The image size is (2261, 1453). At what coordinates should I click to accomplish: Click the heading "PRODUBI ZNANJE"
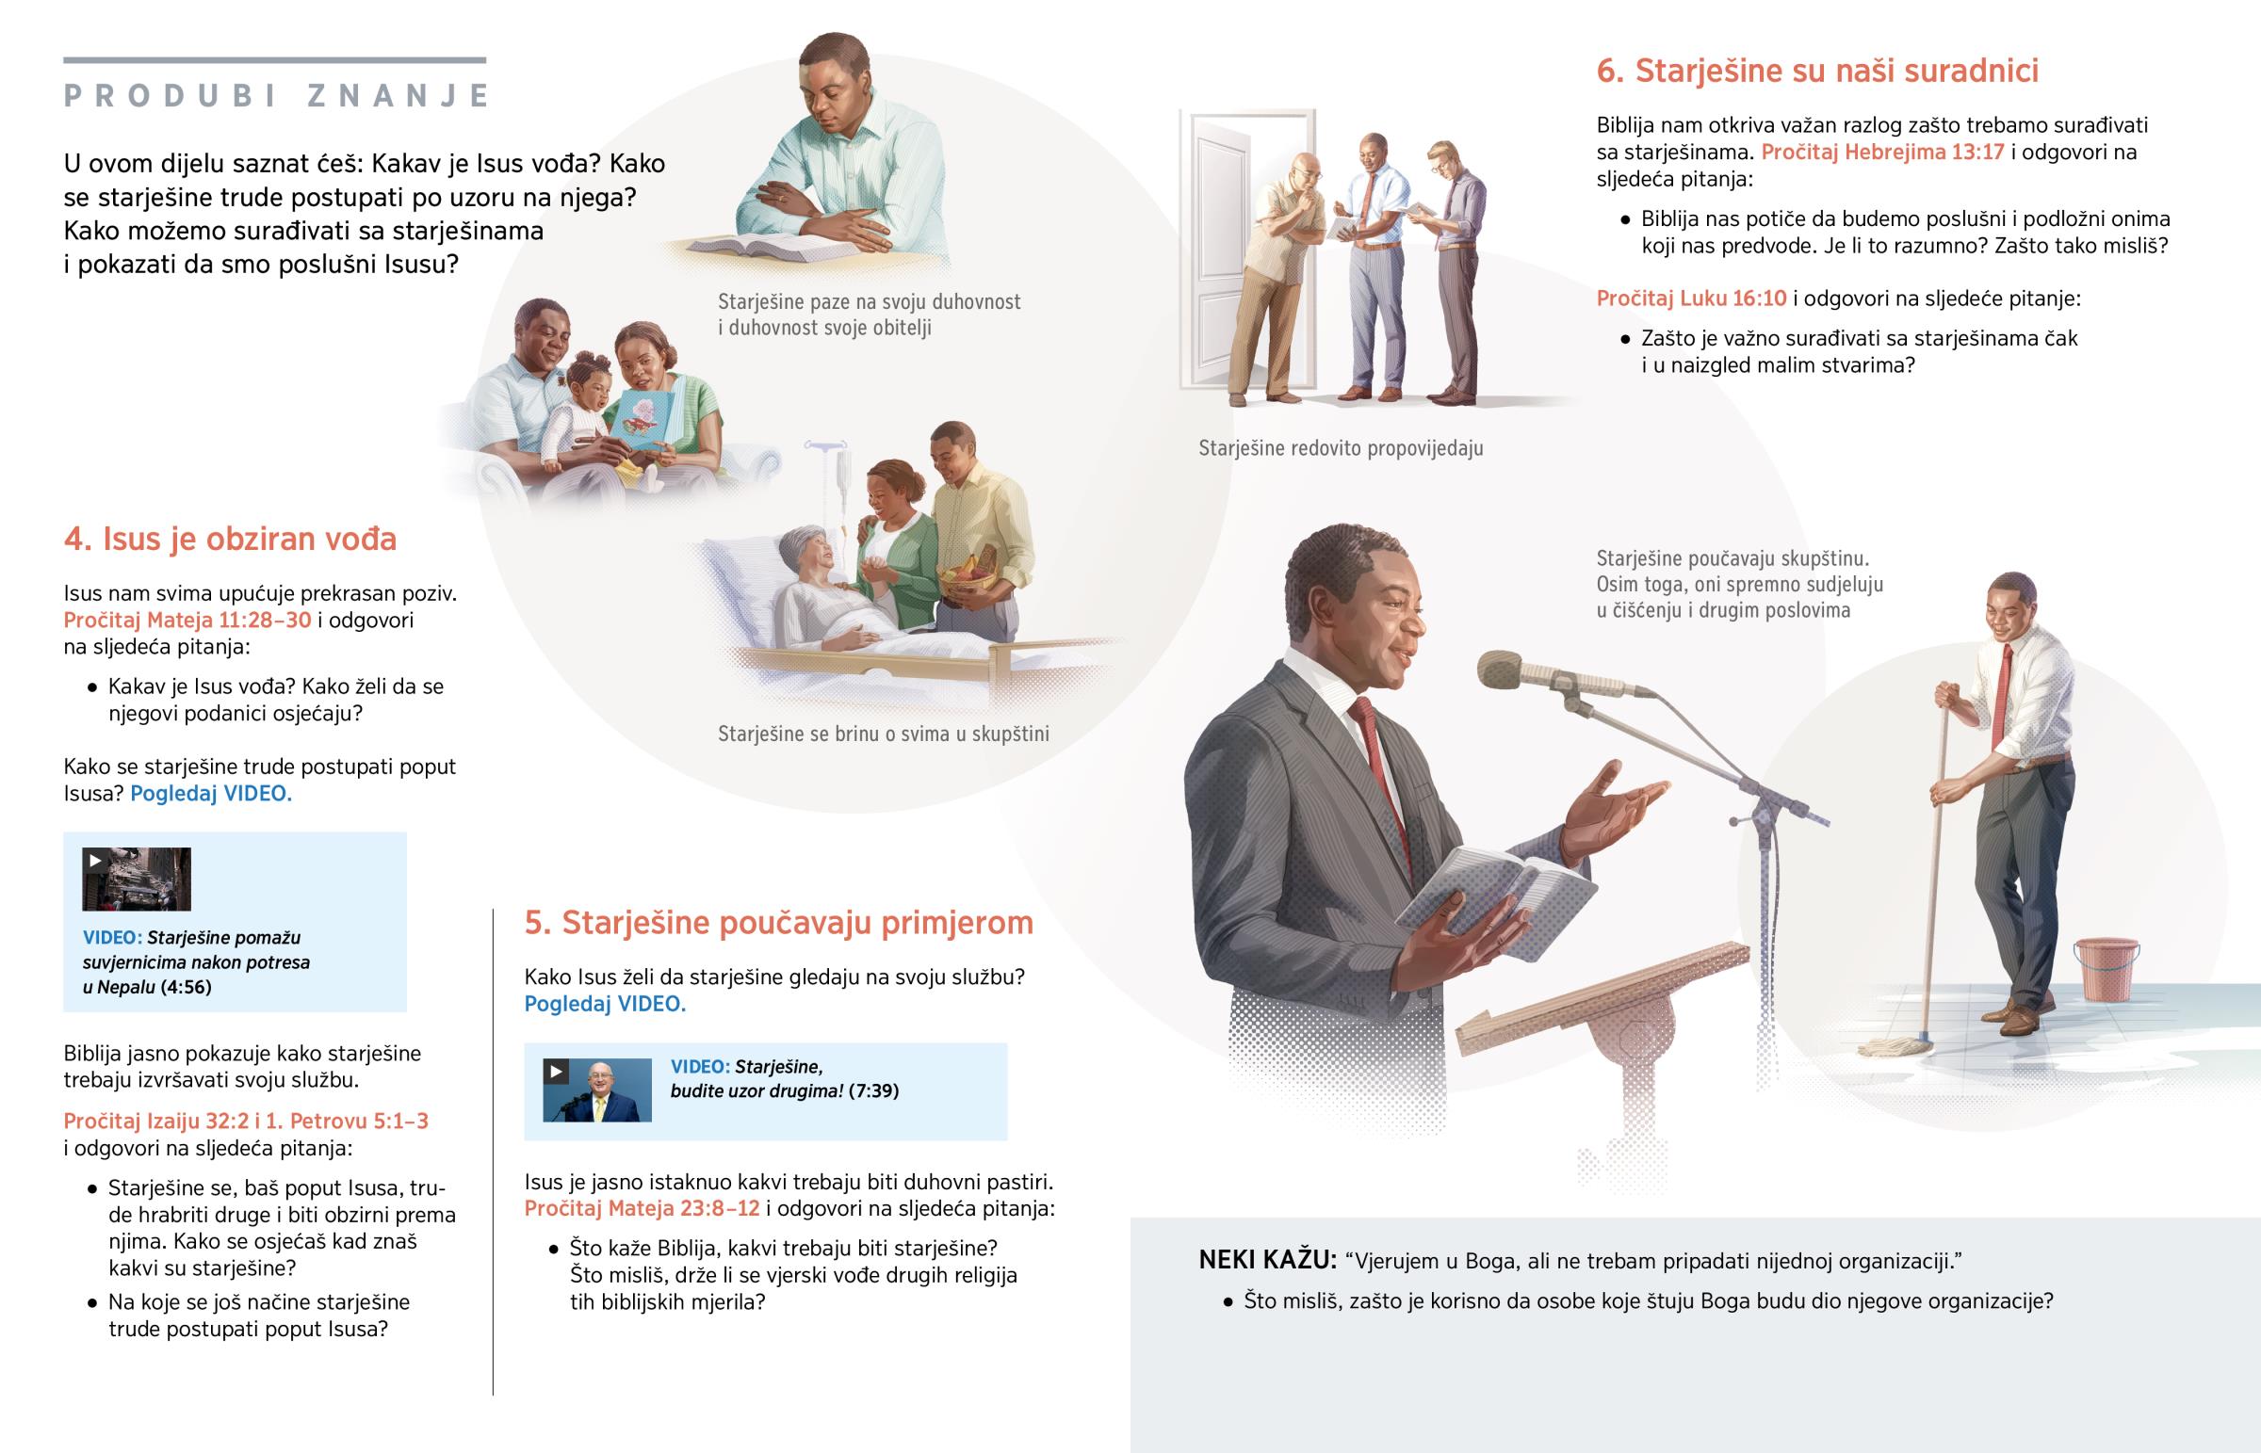tap(275, 95)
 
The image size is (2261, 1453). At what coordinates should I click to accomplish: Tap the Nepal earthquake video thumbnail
tap(137, 880)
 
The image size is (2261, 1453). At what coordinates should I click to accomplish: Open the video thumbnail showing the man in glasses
tap(597, 1090)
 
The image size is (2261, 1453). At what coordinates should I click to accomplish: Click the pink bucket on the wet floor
tap(2106, 969)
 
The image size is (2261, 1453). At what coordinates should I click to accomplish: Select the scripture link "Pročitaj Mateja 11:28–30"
tap(187, 620)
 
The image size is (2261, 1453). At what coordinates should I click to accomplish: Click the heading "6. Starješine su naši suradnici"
tap(1817, 71)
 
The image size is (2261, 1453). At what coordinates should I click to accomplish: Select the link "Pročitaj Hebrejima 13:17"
tap(1882, 152)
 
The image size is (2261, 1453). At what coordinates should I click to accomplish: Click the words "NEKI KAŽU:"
tap(1267, 1260)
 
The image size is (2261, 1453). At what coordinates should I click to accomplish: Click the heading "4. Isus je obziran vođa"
tap(230, 539)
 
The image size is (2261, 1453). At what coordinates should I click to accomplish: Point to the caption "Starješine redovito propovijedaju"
tap(1341, 448)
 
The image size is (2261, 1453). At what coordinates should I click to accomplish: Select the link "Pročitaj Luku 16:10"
tap(1691, 299)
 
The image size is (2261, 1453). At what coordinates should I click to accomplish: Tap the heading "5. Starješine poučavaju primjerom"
tap(778, 922)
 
